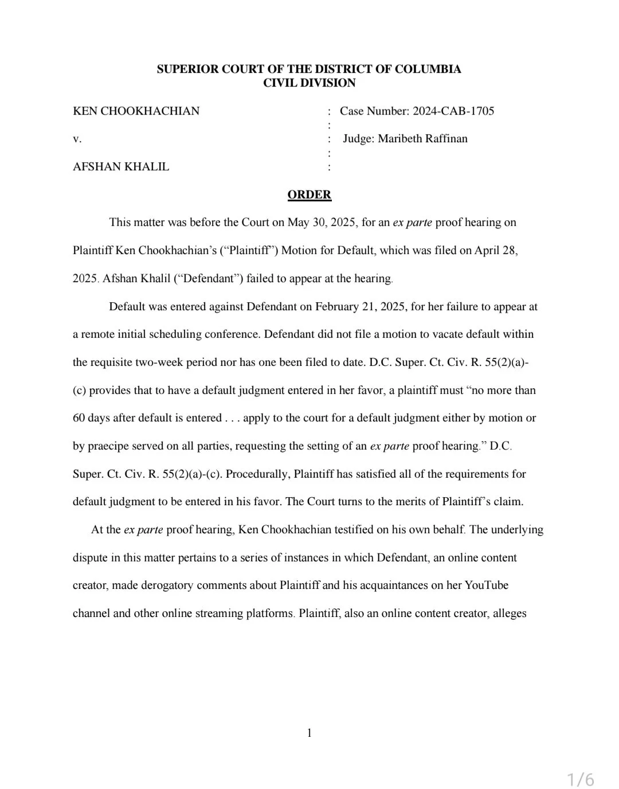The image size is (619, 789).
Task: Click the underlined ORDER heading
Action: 309,195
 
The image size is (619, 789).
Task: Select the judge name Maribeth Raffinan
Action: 422,139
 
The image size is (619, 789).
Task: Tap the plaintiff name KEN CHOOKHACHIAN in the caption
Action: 136,111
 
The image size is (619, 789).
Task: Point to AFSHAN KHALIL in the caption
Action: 121,167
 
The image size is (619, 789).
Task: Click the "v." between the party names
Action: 77,139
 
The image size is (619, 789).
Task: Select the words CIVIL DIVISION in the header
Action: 309,83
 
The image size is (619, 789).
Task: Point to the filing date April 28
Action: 495,251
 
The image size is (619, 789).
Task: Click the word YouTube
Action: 486,585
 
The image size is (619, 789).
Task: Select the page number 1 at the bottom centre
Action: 309,733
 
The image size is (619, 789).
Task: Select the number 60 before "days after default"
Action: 79,418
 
